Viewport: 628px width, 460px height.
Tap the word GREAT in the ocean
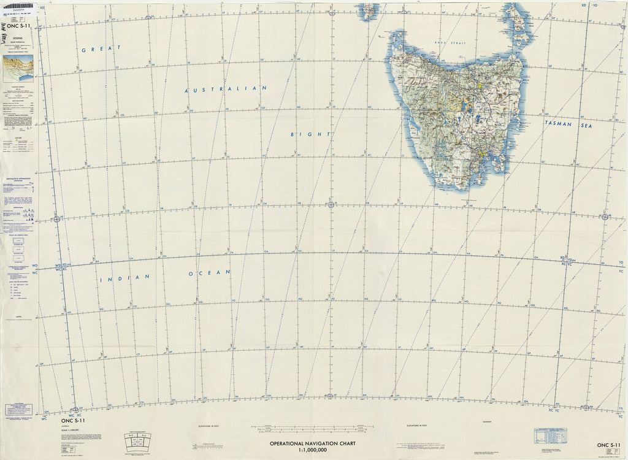pos(94,50)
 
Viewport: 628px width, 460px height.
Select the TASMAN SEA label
pos(567,124)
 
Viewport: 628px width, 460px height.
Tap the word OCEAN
pos(209,272)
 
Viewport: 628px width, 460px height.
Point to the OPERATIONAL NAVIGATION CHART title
pos(313,443)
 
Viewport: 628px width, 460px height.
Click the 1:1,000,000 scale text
pos(313,451)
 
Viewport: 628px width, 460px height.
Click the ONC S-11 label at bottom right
pos(609,445)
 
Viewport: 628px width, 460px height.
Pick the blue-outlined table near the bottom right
pos(549,435)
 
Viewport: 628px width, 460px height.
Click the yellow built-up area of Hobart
pos(482,152)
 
